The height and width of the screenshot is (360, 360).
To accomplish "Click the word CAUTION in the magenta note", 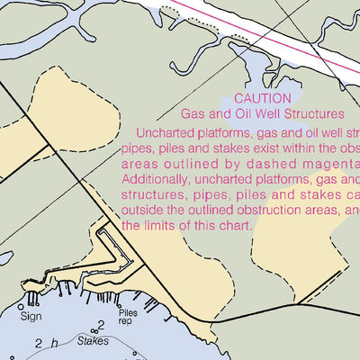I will (262, 98).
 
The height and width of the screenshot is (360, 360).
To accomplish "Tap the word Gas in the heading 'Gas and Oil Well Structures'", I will (193, 114).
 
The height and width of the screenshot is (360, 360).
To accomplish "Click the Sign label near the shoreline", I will (31, 316).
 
